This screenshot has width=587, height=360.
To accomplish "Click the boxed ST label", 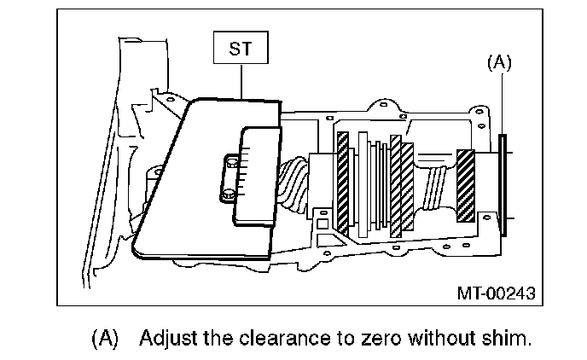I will coord(241,49).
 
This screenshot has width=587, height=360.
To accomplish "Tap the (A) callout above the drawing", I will coord(499,62).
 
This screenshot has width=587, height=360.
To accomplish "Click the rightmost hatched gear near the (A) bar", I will coord(466,185).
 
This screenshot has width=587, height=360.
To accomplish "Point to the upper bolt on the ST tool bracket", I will coord(230,160).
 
